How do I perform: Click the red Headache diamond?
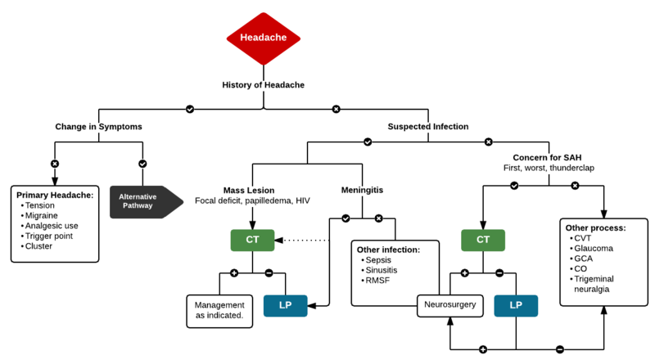(263, 38)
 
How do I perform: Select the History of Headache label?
(263, 84)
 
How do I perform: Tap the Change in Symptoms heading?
(98, 127)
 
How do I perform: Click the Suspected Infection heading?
(427, 127)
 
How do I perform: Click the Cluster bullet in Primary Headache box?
(41, 245)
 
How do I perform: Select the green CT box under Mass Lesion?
(251, 241)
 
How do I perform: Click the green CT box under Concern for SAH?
(482, 241)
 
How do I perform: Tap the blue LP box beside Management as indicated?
(285, 306)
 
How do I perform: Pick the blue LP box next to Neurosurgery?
(516, 306)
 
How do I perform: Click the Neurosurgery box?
(449, 306)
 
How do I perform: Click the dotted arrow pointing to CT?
(305, 241)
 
